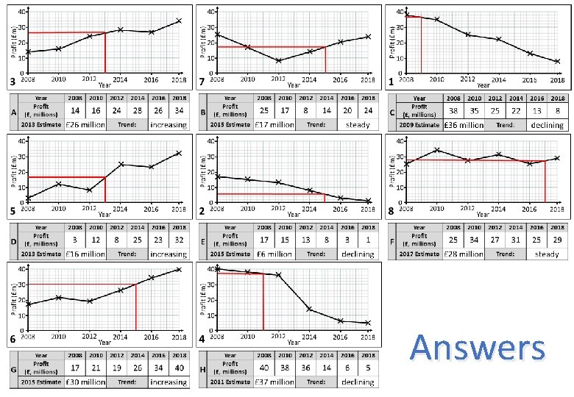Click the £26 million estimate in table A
85,125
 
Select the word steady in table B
358,125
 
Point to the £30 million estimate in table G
85,382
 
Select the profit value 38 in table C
454,110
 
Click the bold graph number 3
12,81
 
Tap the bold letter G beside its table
13,373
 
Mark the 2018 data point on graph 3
178,21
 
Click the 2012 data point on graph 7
279,60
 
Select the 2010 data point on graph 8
437,150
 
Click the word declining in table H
358,382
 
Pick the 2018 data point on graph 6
178,269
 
